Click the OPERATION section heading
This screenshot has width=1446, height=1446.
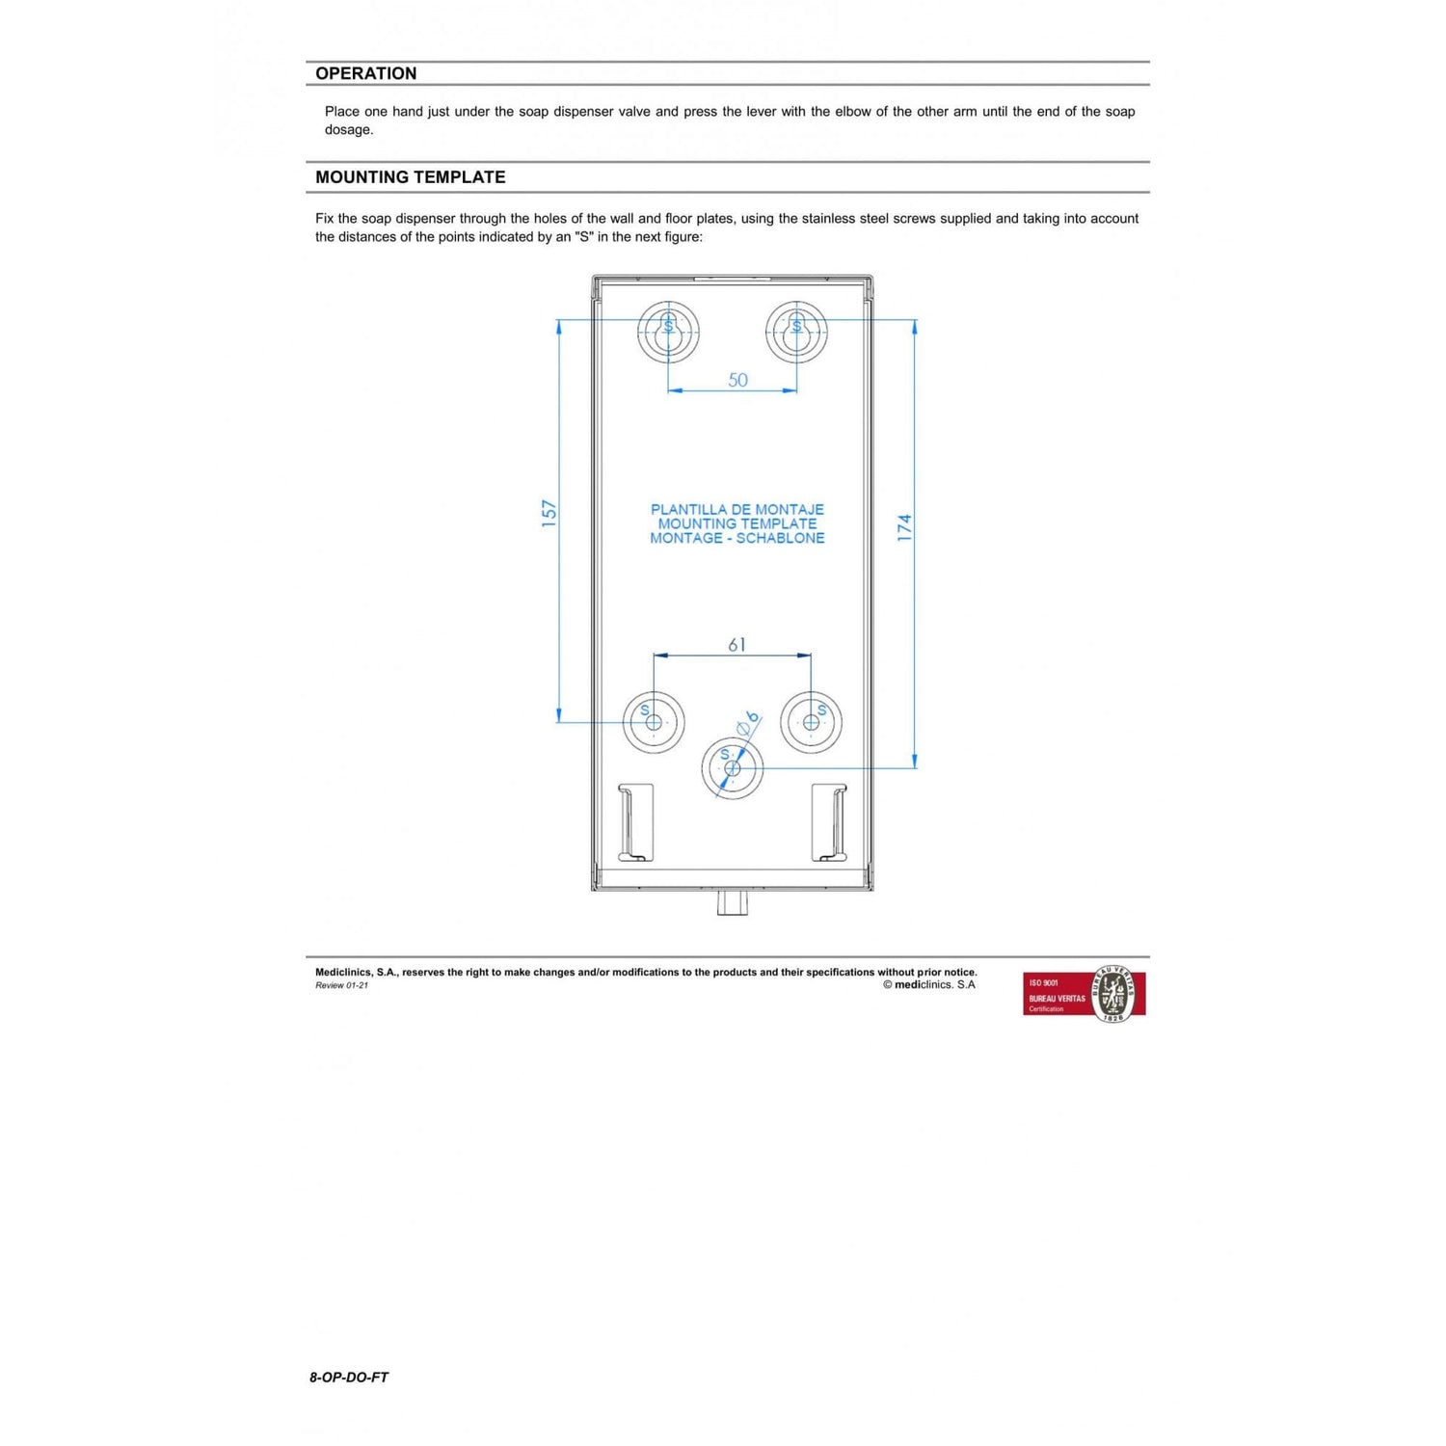(x=365, y=73)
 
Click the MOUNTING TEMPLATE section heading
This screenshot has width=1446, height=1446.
(x=410, y=177)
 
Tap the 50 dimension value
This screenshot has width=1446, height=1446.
(x=737, y=380)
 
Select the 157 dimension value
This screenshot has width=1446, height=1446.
(x=549, y=512)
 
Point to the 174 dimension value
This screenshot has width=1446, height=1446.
(x=904, y=527)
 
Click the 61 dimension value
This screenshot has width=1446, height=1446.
(x=736, y=644)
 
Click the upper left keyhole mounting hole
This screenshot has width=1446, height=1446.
(x=667, y=332)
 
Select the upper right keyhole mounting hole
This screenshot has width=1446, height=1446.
(x=796, y=332)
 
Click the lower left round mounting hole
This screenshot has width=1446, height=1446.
(x=654, y=722)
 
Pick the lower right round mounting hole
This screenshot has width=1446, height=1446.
(x=811, y=722)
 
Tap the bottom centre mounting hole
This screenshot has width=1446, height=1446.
(x=732, y=768)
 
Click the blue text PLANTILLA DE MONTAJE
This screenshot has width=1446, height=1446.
(x=736, y=509)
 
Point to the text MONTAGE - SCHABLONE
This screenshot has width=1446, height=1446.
(x=736, y=538)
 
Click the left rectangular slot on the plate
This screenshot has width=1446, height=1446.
(x=635, y=821)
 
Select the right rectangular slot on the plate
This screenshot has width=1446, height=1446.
(x=829, y=821)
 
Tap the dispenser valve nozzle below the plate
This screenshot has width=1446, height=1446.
(x=733, y=903)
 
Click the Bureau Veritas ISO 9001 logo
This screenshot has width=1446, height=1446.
(x=1084, y=994)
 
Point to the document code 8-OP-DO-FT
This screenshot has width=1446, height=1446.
(x=349, y=1378)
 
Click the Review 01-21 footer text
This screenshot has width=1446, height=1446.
(x=341, y=985)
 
